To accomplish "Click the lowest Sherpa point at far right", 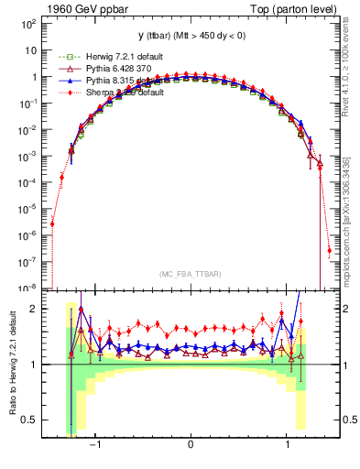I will tap(329, 249).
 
